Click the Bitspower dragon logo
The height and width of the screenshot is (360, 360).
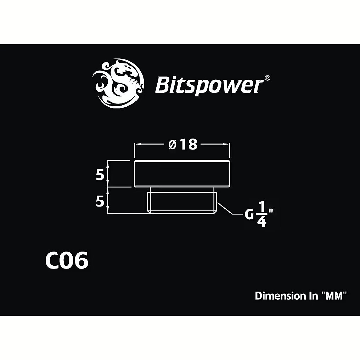(118, 84)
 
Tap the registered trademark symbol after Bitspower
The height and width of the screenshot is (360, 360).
(268, 78)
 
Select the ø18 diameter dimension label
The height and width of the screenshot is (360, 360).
(183, 145)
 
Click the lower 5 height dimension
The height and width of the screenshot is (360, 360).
(100, 201)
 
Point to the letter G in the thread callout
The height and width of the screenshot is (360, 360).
(249, 215)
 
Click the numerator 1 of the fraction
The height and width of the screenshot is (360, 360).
(261, 207)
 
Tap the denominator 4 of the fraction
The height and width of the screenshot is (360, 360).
(262, 221)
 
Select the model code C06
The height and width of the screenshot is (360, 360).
(67, 260)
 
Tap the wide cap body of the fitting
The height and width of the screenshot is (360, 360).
(182, 174)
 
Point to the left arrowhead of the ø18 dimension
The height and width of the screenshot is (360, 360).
(137, 144)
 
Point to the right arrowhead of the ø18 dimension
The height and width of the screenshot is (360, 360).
(227, 144)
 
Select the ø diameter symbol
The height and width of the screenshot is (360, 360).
(173, 145)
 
